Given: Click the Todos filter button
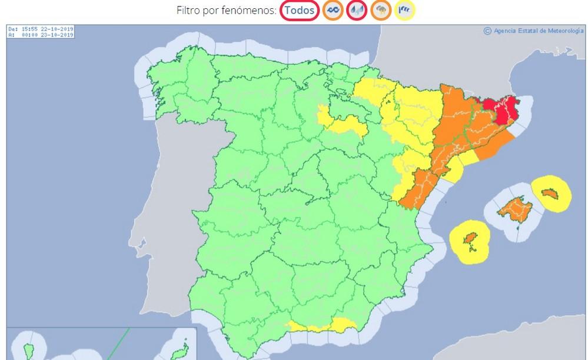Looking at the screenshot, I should (x=300, y=10).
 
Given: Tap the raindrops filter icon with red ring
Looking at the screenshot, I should (x=357, y=10).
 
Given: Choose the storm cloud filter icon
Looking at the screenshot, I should (x=381, y=10).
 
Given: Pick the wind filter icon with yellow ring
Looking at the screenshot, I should (x=404, y=10).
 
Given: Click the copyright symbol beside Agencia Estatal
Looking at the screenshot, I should (x=487, y=31).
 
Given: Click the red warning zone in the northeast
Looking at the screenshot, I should (x=501, y=109).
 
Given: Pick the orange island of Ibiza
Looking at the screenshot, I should (x=470, y=240).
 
